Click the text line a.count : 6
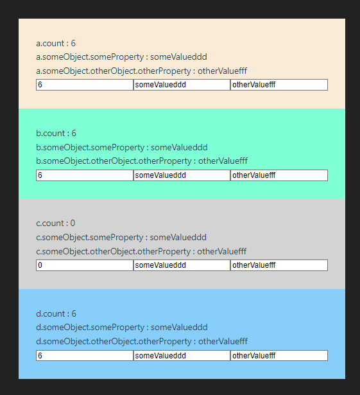[56, 43]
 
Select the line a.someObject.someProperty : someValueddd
[121, 57]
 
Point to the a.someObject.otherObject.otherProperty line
[141, 71]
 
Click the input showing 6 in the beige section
[85, 85]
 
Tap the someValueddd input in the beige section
[182, 85]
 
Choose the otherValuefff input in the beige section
[279, 85]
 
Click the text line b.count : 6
[56, 133]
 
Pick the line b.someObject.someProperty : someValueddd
[122, 147]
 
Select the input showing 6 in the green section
[85, 175]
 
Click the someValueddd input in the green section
[182, 175]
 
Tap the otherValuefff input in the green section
[279, 175]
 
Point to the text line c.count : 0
[56, 224]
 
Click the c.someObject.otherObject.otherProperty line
[141, 251]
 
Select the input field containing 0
[85, 265]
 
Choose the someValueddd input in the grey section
[182, 265]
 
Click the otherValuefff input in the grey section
[279, 265]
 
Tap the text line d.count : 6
[56, 313]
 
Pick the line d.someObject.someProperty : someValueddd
[122, 327]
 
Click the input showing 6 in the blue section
[85, 355]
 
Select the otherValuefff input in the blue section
[279, 355]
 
